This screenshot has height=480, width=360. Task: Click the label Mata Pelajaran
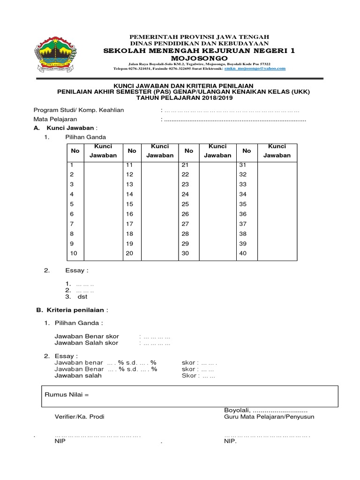(x=55, y=119)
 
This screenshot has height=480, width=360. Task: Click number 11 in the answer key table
(x=130, y=165)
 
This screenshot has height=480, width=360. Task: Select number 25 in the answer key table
(x=185, y=204)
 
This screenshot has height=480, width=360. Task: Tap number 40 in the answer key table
(x=243, y=253)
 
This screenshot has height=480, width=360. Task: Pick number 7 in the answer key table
(x=72, y=224)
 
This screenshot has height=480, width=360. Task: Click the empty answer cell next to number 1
(x=103, y=165)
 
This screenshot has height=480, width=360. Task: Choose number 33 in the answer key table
(x=243, y=184)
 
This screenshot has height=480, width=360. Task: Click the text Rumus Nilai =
(x=67, y=395)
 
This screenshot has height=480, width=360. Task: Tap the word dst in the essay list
(x=82, y=297)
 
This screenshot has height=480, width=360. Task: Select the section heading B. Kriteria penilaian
(x=72, y=310)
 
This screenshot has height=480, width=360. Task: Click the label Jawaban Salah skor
(x=87, y=343)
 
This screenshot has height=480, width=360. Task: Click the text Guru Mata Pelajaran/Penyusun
(x=269, y=416)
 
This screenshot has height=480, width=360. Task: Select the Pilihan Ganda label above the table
(x=86, y=137)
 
